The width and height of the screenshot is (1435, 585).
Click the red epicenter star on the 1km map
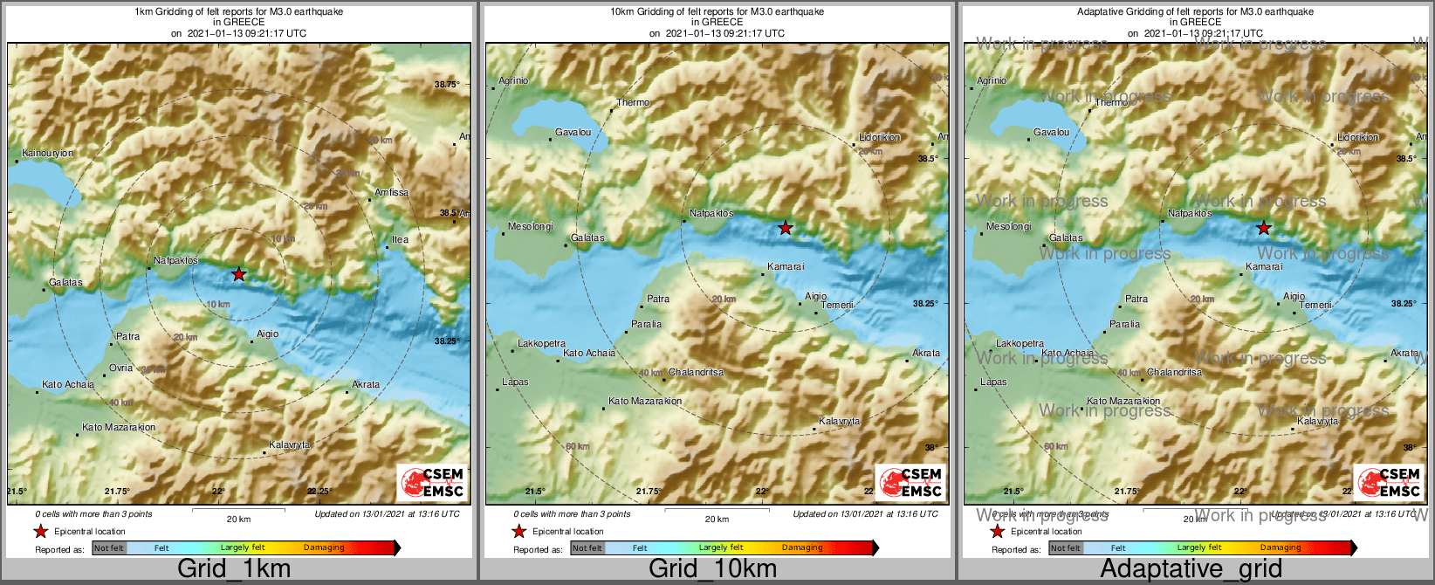click(239, 274)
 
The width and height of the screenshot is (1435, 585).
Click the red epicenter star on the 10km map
click(786, 228)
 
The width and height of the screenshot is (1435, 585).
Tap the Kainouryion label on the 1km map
click(48, 153)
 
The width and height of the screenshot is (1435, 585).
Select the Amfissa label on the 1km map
click(391, 192)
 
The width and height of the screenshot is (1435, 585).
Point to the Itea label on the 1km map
click(400, 239)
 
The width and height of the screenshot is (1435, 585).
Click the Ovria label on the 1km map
click(121, 368)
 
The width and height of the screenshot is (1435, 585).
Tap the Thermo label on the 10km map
click(633, 102)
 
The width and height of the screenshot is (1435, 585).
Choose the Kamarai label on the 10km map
click(786, 266)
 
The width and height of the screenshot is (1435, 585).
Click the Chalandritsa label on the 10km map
click(696, 372)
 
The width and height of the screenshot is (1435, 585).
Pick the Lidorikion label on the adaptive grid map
click(1358, 137)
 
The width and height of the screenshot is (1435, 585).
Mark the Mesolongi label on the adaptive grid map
click(1008, 226)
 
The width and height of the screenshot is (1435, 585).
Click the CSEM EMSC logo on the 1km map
click(432, 482)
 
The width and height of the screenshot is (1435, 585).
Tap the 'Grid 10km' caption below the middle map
click(712, 569)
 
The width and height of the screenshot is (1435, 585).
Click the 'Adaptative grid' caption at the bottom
click(1191, 569)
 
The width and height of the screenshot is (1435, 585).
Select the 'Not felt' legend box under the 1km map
click(109, 547)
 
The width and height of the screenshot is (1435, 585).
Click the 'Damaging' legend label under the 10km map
click(802, 547)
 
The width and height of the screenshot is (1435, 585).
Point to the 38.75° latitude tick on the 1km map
click(447, 84)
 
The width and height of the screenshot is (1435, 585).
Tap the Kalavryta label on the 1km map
click(290, 444)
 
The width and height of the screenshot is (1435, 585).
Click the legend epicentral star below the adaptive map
click(997, 531)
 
